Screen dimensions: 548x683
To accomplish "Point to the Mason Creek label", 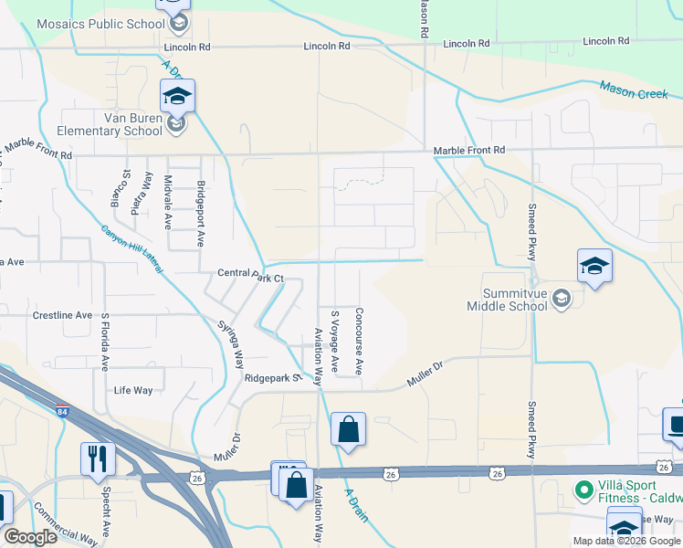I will (x=634, y=90).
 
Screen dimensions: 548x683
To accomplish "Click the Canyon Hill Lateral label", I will (x=131, y=249).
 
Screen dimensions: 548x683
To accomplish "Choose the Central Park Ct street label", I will (x=251, y=273).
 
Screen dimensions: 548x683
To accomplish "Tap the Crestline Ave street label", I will (x=62, y=315).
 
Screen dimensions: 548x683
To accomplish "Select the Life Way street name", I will (x=133, y=390).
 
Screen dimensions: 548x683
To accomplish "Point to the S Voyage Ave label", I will (x=334, y=341).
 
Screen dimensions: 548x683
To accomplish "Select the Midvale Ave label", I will (x=167, y=202).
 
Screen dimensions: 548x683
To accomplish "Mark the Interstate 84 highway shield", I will (x=62, y=412).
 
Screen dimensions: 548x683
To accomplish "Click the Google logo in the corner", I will (x=30, y=537).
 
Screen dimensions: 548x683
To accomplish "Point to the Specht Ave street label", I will (x=106, y=517).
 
